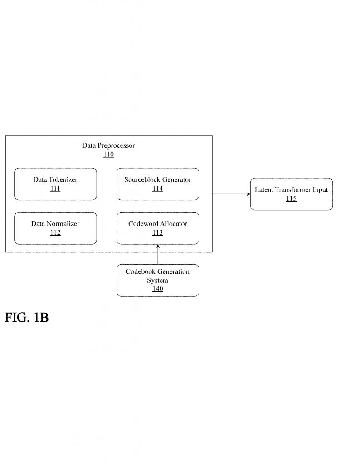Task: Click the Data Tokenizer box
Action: click(55, 184)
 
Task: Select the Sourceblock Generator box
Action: click(158, 184)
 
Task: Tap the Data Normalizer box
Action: click(55, 228)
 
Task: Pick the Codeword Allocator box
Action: click(158, 228)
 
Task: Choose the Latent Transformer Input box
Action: click(291, 194)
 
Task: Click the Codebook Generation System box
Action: click(158, 280)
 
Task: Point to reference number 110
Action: click(108, 155)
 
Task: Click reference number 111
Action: click(55, 188)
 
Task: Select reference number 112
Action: click(55, 233)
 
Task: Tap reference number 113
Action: click(158, 233)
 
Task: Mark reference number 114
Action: click(158, 188)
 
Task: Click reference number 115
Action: click(291, 198)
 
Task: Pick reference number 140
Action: click(158, 289)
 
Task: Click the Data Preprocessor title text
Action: click(108, 145)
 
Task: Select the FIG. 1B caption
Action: click(27, 318)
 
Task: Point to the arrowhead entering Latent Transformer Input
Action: click(248, 194)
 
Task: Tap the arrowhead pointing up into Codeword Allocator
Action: click(158, 246)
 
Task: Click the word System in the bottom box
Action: click(158, 280)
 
